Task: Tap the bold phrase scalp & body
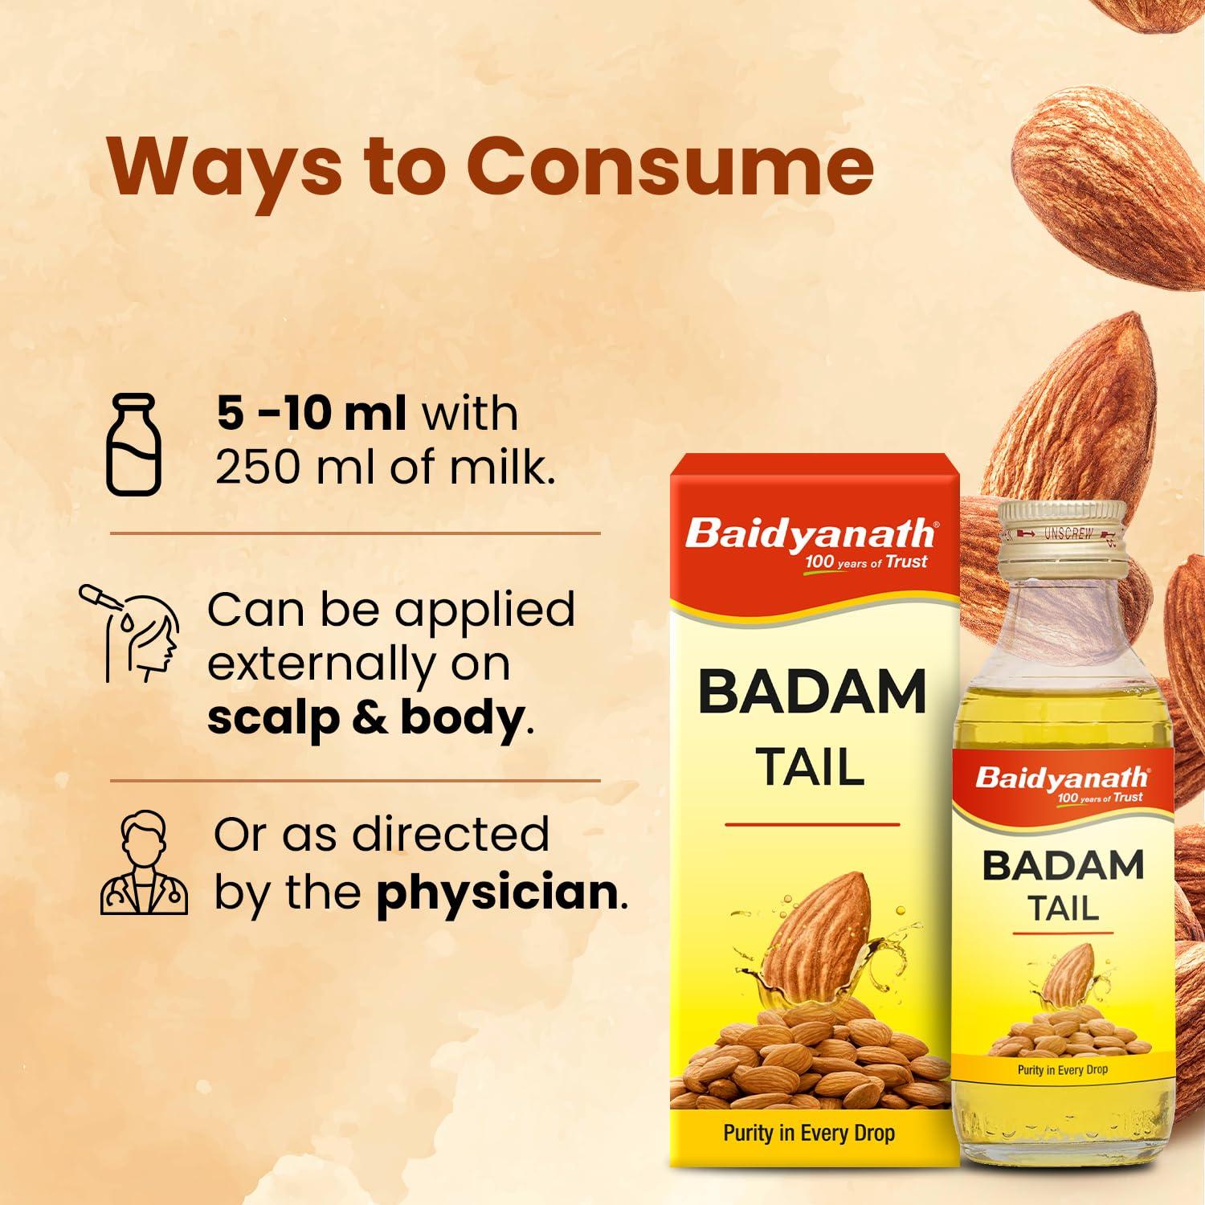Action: [366, 717]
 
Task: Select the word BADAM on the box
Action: [812, 692]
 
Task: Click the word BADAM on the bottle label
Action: [1062, 866]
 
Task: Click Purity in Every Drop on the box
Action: [809, 1134]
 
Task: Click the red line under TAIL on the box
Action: [812, 824]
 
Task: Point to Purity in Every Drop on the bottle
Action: [1062, 1070]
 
